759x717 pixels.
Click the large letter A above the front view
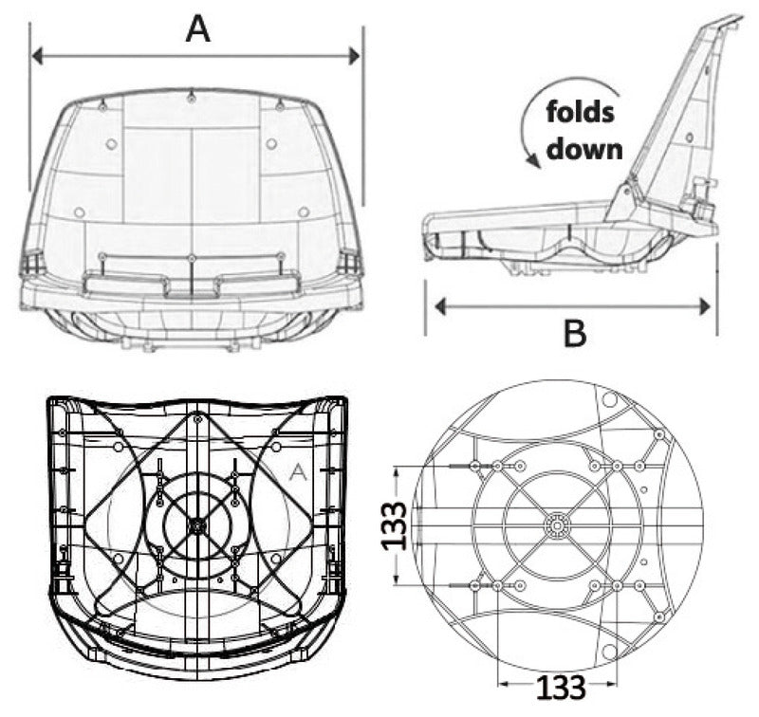[196, 28]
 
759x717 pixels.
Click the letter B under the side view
[576, 334]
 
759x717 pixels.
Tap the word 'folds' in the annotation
[581, 114]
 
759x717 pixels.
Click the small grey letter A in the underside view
[297, 471]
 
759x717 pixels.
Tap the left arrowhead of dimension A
[37, 57]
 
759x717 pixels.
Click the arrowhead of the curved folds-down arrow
[535, 162]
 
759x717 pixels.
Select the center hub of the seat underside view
[196, 524]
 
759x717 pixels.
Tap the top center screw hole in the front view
[192, 97]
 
